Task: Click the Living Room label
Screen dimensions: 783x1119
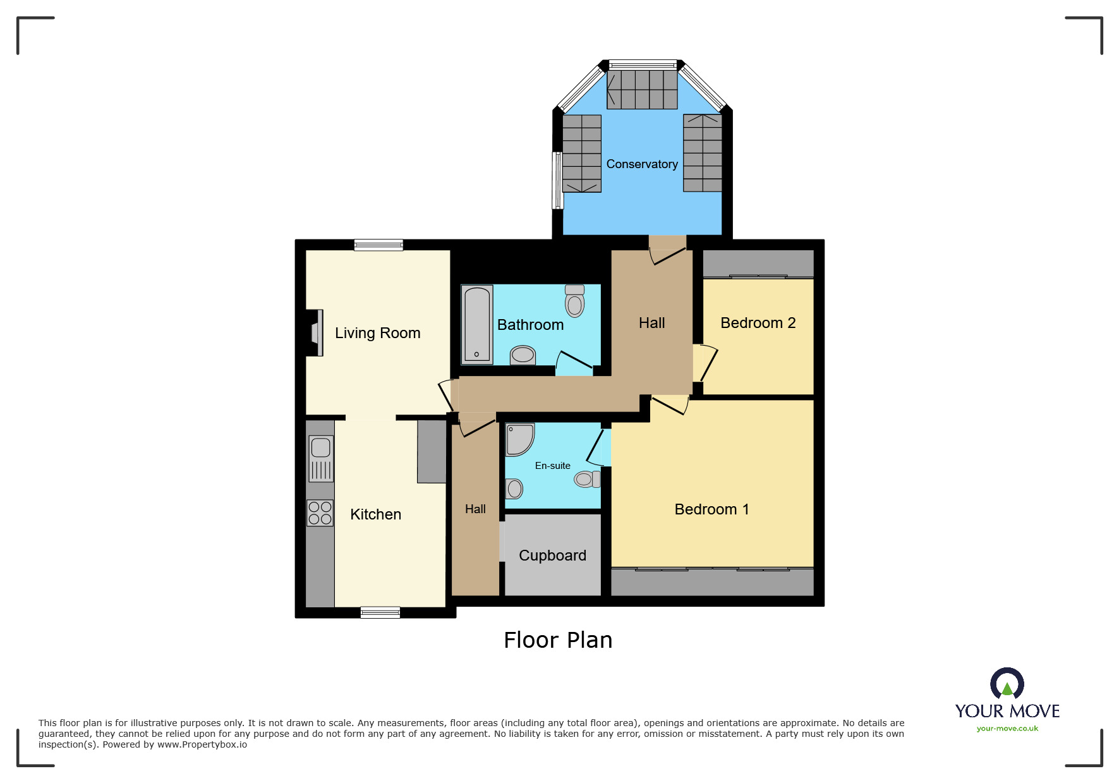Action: click(x=377, y=333)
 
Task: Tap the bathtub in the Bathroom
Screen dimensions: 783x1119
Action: click(x=477, y=325)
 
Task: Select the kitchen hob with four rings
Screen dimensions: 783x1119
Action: click(x=320, y=513)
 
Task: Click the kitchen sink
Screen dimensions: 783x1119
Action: click(x=321, y=458)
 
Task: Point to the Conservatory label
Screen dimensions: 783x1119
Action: click(x=641, y=164)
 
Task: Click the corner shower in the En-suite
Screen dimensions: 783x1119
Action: click(x=519, y=439)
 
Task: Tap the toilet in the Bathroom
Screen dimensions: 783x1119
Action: click(x=574, y=301)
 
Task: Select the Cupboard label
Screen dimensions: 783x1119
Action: click(x=552, y=555)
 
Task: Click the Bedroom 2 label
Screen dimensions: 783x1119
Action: click(x=758, y=323)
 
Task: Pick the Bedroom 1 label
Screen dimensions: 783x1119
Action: click(x=711, y=509)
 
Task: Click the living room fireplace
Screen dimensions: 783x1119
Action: click(x=316, y=332)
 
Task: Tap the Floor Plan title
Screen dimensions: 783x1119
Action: click(x=558, y=640)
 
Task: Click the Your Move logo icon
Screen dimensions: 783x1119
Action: click(x=1007, y=684)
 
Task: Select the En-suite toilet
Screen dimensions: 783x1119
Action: click(x=587, y=479)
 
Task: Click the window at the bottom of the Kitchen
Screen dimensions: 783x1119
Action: click(x=380, y=612)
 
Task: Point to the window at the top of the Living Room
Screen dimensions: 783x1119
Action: click(x=378, y=245)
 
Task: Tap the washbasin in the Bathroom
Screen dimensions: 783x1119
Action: click(x=523, y=355)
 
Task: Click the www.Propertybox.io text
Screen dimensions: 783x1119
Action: click(x=202, y=744)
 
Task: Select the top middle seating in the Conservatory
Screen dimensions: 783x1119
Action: click(x=642, y=89)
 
